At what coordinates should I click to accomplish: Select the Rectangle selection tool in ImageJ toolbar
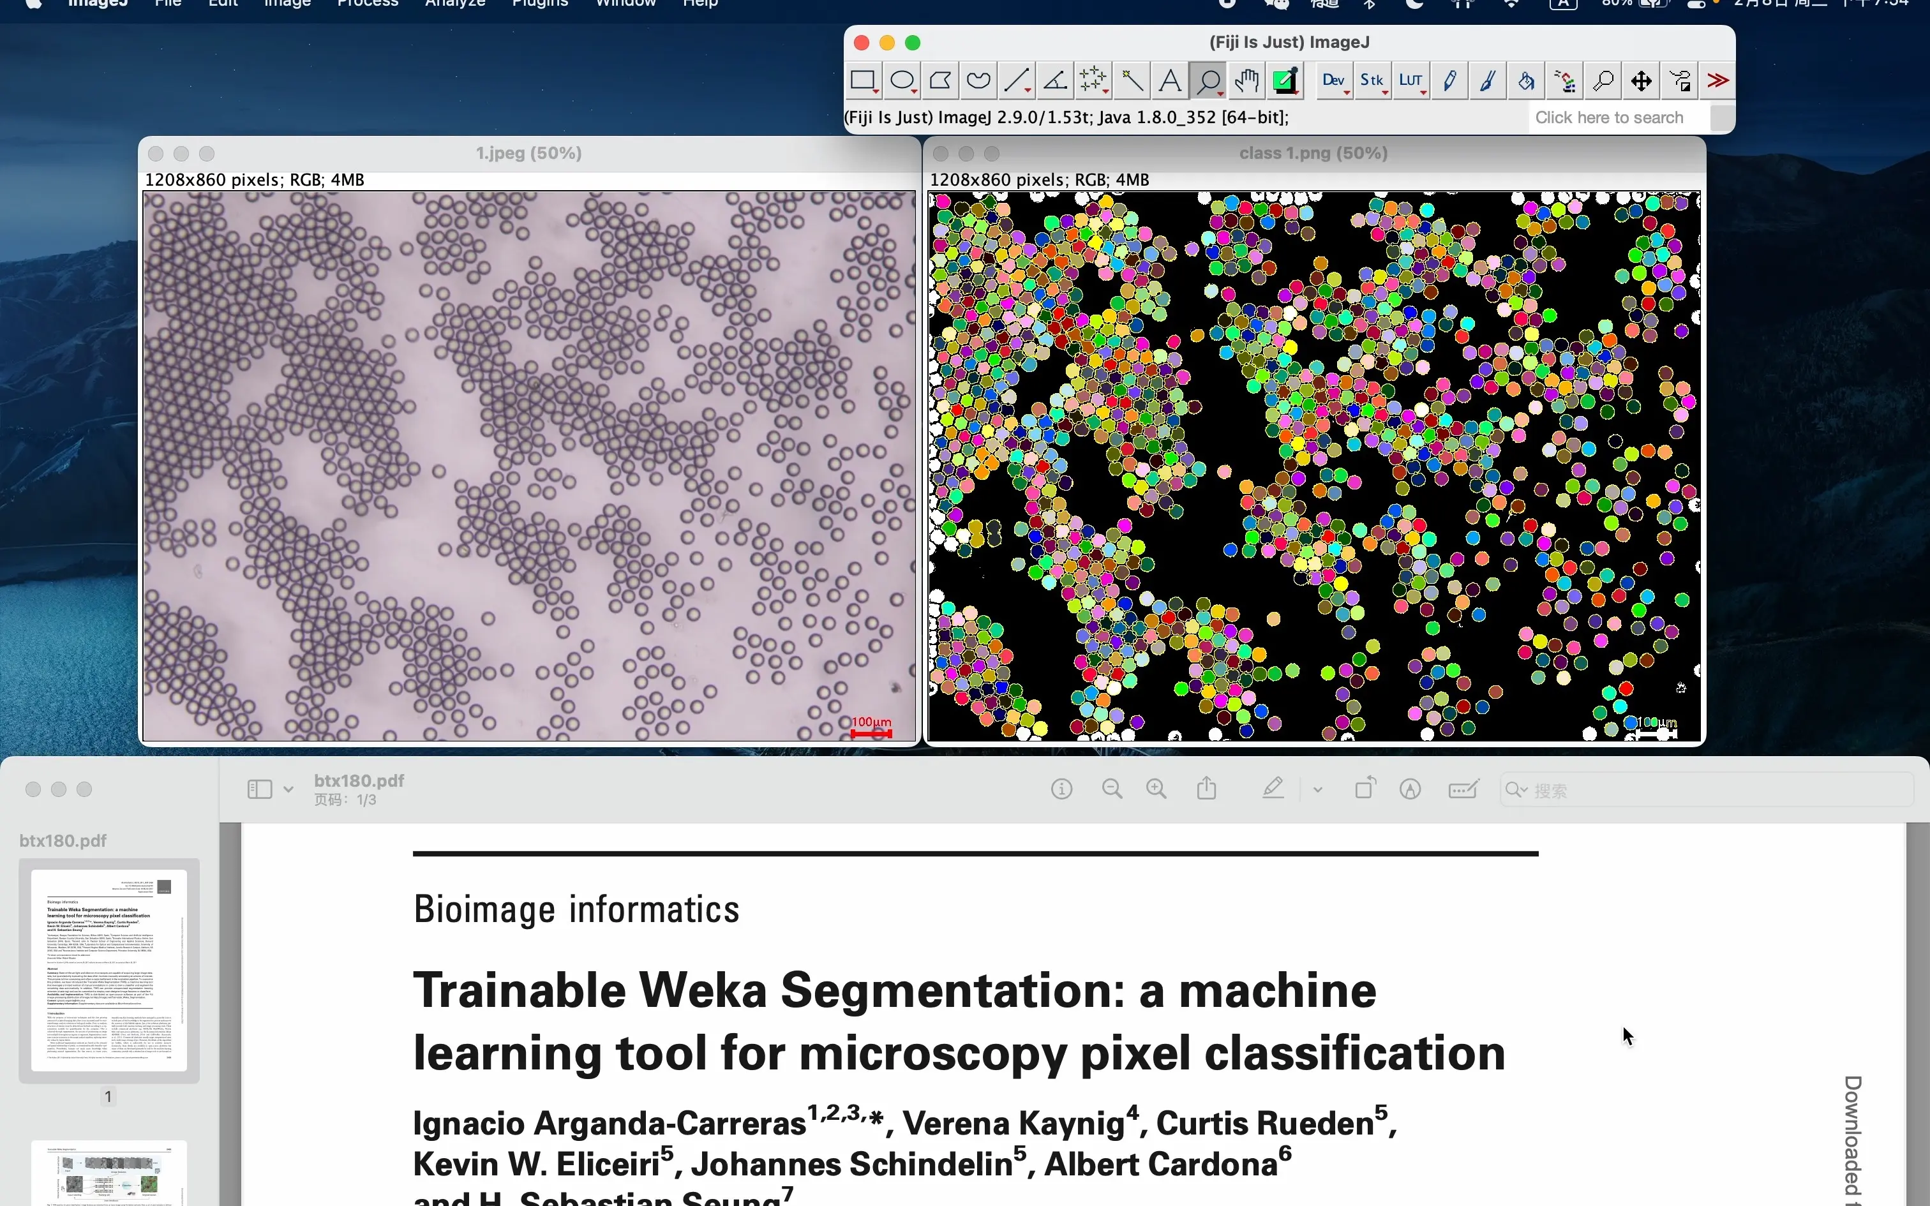(x=863, y=80)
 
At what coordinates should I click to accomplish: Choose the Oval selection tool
(x=902, y=80)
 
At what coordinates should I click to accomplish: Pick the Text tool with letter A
(x=1170, y=80)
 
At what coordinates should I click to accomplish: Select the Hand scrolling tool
(x=1246, y=80)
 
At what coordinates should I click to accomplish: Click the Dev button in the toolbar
(x=1333, y=80)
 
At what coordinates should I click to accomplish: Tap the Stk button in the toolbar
(x=1372, y=80)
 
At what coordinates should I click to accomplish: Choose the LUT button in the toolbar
(x=1410, y=80)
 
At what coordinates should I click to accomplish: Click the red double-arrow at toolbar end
(x=1718, y=80)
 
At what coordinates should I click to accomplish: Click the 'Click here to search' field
(x=1610, y=118)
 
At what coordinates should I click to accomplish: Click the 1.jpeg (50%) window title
(x=528, y=153)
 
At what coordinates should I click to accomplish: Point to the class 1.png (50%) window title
(x=1313, y=153)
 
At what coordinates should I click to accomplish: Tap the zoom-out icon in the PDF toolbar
(x=1112, y=790)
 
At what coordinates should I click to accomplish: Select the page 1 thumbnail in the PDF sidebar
(x=109, y=970)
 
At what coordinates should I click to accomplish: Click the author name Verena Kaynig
(x=1013, y=1124)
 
